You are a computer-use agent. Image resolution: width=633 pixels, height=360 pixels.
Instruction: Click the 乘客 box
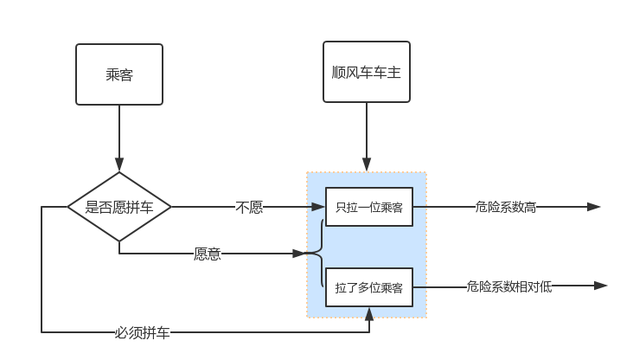point(119,74)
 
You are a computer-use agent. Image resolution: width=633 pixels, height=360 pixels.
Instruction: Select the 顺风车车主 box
point(367,72)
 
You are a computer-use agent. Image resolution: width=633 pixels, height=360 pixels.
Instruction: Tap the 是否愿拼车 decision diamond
point(119,207)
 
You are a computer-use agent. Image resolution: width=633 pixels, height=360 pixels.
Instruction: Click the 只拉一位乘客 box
point(369,207)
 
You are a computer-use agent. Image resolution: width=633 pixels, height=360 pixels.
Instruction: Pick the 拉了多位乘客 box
point(369,287)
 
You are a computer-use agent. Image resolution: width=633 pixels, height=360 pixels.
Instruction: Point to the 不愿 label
point(249,207)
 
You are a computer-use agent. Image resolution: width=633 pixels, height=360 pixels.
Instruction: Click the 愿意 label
point(208,254)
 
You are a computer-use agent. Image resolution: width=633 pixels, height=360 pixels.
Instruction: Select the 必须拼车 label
point(143,331)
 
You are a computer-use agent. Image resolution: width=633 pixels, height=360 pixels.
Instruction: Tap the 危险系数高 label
point(506,207)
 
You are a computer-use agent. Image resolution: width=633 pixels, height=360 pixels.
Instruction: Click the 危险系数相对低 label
point(508,286)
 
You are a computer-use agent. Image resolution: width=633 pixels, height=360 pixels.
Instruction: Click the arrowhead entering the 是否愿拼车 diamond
point(119,164)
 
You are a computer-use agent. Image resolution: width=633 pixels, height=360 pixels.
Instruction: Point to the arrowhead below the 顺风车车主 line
point(367,164)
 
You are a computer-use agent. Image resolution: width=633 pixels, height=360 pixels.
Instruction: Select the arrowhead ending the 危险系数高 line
point(594,207)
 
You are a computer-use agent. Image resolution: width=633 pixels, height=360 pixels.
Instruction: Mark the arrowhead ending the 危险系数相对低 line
point(601,286)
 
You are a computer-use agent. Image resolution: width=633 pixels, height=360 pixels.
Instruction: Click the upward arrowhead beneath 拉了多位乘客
point(369,314)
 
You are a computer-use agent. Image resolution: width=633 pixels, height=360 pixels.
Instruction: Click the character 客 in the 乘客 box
point(126,74)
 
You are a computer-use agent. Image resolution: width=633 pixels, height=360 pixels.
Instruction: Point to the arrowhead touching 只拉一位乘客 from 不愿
point(318,207)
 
